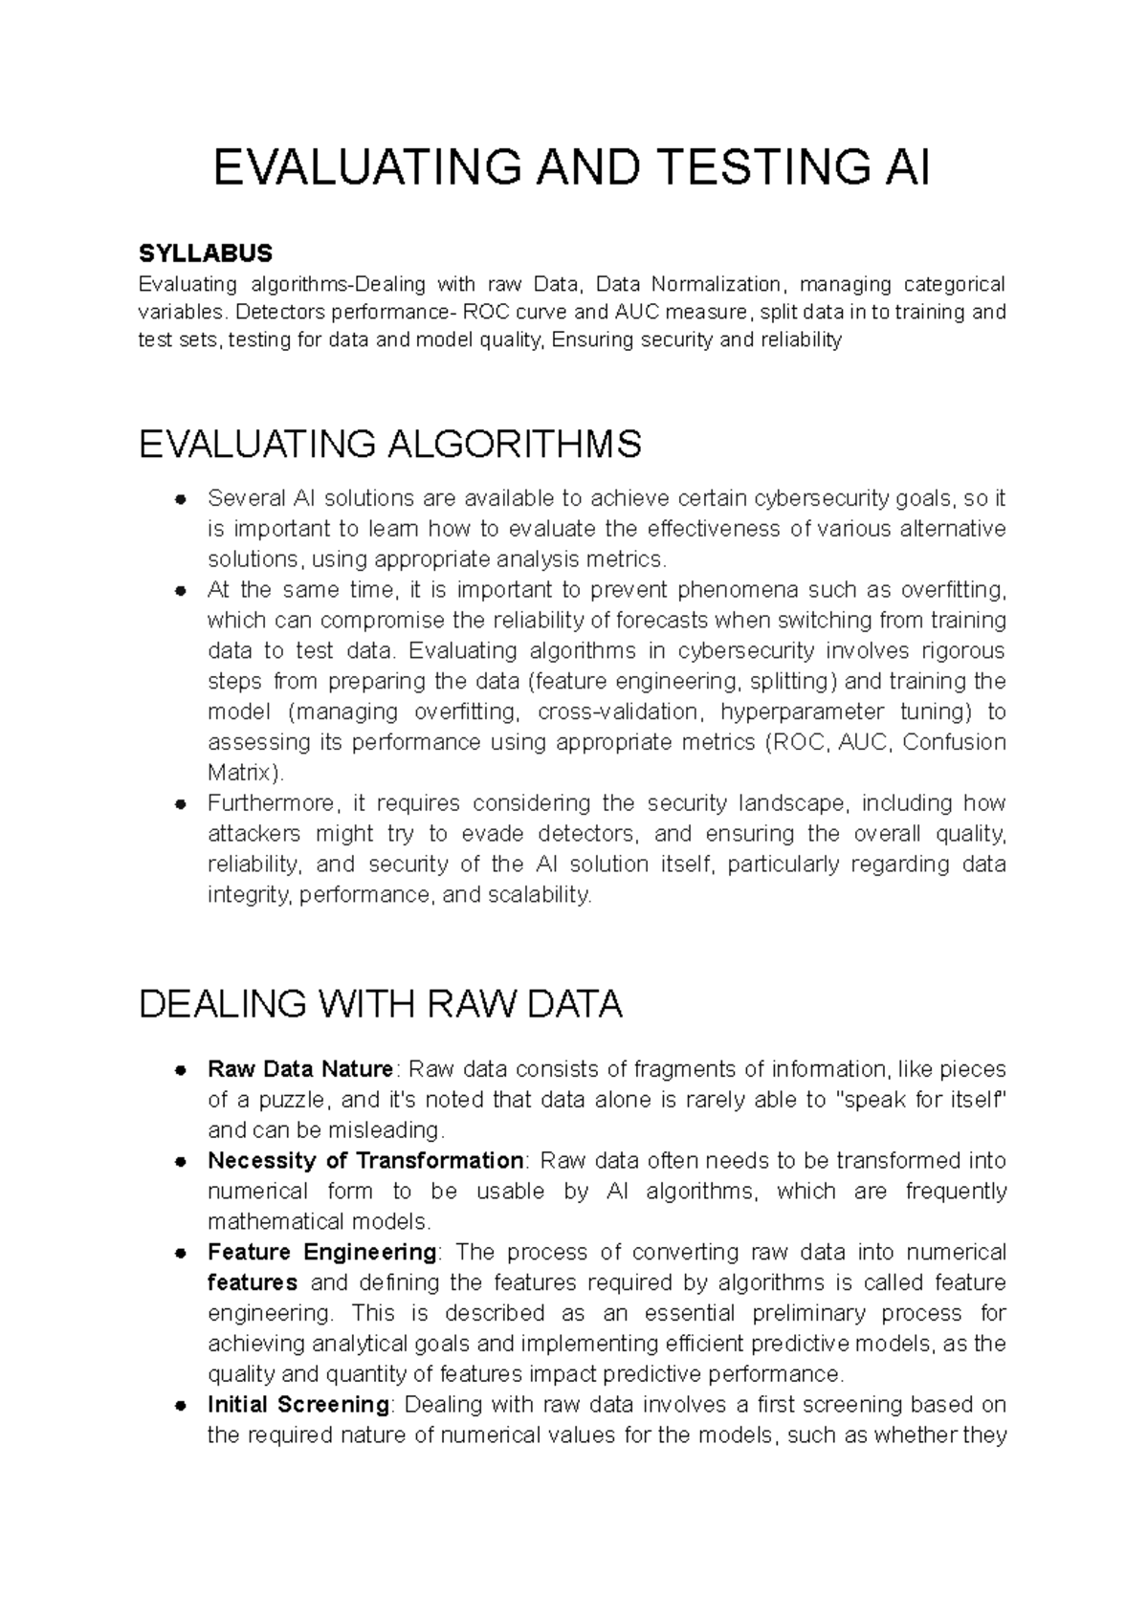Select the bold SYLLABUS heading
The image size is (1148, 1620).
206,253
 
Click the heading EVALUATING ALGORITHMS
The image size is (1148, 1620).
390,445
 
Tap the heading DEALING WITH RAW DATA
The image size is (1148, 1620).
381,1005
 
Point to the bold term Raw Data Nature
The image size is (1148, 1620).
299,1069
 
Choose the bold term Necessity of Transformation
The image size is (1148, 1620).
365,1161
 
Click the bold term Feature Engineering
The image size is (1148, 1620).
322,1253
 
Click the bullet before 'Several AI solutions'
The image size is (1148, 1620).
179,499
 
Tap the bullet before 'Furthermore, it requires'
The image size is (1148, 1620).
179,804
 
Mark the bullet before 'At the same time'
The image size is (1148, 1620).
179,591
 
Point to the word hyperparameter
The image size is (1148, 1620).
802,711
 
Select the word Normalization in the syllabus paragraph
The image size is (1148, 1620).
715,284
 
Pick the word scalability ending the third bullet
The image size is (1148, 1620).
541,895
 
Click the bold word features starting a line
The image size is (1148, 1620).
253,1282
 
